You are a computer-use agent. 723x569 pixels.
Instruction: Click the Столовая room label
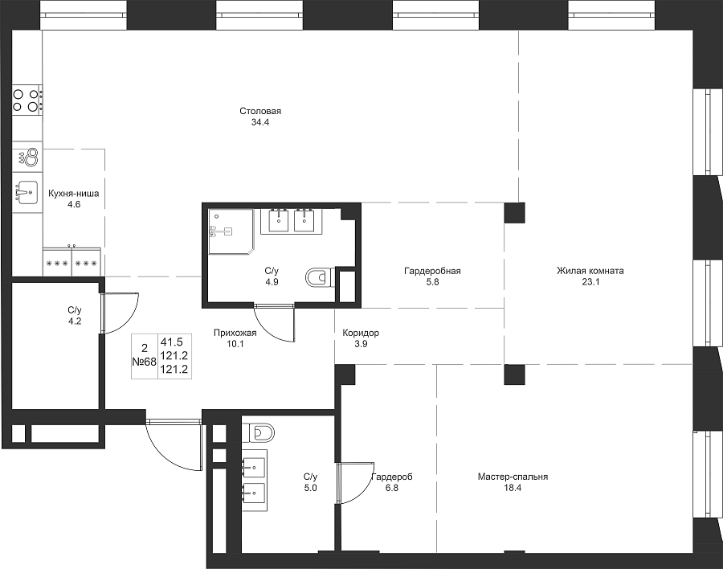click(260, 111)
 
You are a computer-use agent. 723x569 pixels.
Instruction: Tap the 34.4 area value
click(260, 122)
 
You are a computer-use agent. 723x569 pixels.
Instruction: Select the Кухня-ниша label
click(74, 194)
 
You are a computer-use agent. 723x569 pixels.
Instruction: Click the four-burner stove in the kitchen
click(27, 100)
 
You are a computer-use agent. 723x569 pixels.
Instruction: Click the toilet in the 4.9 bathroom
click(319, 278)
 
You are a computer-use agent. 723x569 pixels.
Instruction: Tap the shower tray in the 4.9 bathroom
click(231, 231)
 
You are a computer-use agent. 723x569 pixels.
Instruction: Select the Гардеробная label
click(432, 271)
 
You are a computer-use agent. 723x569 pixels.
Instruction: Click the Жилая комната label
click(590, 271)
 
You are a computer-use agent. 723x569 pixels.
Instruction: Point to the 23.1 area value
click(590, 282)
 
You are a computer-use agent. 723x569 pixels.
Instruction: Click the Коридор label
click(361, 333)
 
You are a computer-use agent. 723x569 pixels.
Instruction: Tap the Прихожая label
click(235, 333)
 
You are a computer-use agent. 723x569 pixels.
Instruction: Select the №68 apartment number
click(145, 362)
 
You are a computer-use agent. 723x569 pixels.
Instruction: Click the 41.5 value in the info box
click(172, 342)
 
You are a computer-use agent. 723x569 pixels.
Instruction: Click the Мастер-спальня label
click(513, 477)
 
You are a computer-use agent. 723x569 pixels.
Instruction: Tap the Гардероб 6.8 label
click(392, 482)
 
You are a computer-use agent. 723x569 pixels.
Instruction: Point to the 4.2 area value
click(75, 321)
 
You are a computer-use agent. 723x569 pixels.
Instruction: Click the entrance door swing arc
click(167, 455)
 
